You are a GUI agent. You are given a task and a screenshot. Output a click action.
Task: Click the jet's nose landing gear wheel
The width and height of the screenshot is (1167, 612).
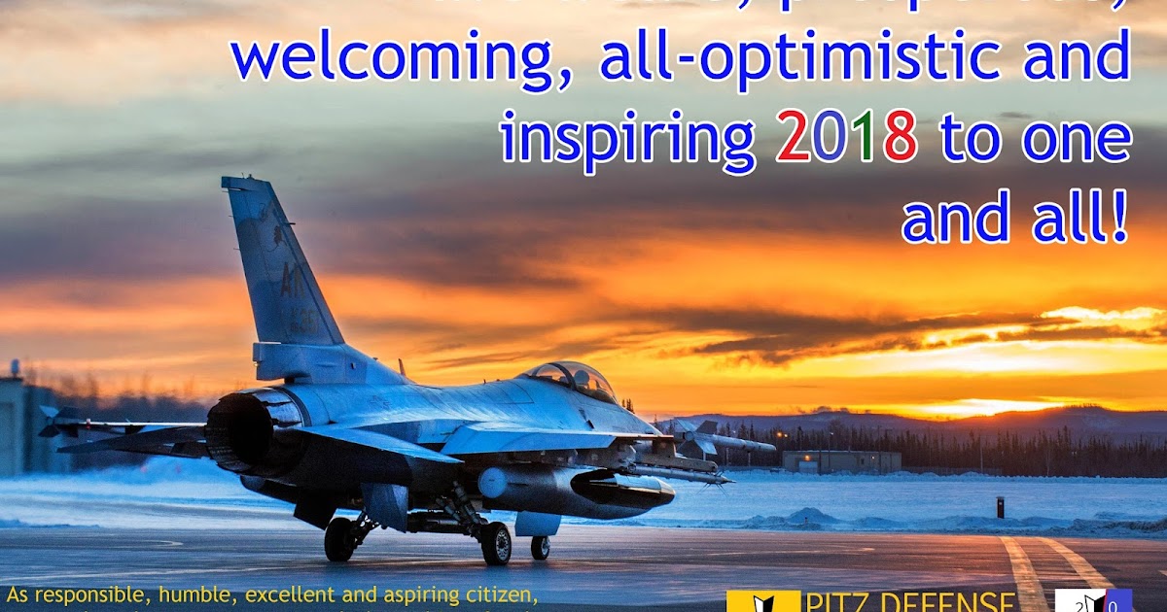pos(540,547)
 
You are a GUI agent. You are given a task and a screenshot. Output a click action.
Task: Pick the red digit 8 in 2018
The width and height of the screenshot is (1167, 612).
pos(900,138)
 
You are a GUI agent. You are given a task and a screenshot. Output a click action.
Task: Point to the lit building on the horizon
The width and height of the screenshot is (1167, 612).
pos(841,461)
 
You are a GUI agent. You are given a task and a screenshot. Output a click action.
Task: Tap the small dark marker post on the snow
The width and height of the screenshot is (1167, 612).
pos(1000,507)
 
